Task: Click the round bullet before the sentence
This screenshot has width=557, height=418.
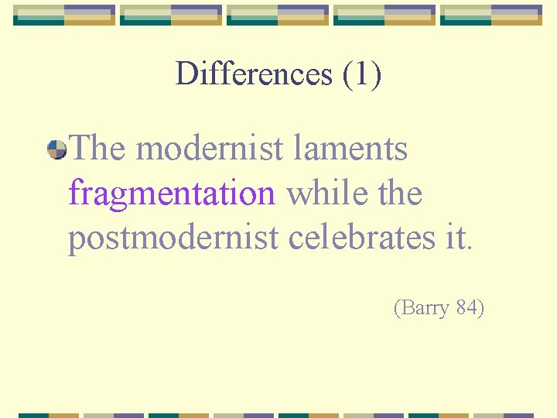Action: (56, 149)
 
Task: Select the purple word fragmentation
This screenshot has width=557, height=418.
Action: (171, 194)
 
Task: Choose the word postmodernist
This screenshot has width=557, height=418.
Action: (173, 238)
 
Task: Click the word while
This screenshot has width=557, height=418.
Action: (323, 193)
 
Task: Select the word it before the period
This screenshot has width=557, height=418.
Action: (455, 238)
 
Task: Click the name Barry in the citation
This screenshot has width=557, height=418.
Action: (425, 308)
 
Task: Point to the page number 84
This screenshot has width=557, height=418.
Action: (466, 308)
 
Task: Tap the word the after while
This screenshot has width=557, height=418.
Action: (395, 193)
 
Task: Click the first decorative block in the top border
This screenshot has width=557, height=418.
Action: (64, 15)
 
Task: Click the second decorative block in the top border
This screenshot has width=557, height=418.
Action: (171, 15)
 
